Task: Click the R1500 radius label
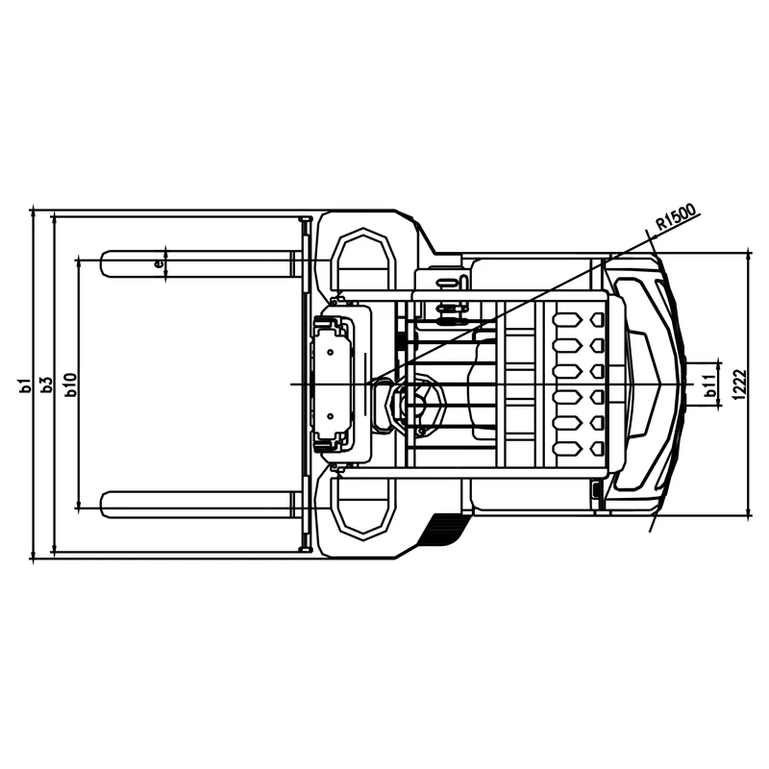[x=677, y=217]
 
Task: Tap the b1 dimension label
[x=25, y=385]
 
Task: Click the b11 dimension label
[x=709, y=386]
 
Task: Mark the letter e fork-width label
[x=158, y=263]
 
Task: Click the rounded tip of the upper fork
[x=102, y=263]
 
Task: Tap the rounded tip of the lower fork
[x=102, y=505]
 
